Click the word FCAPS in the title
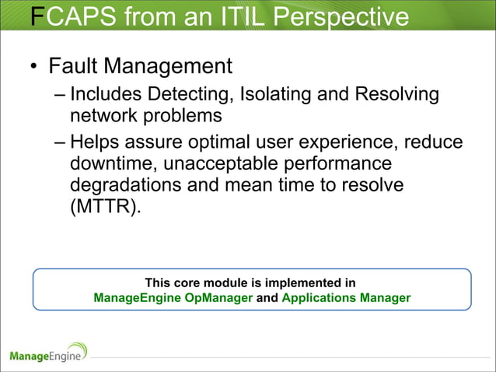click(x=72, y=16)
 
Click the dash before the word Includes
click(x=61, y=96)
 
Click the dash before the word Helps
click(x=61, y=142)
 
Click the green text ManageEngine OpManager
click(x=173, y=297)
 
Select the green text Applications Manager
click(x=346, y=297)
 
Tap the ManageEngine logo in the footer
click(x=49, y=353)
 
